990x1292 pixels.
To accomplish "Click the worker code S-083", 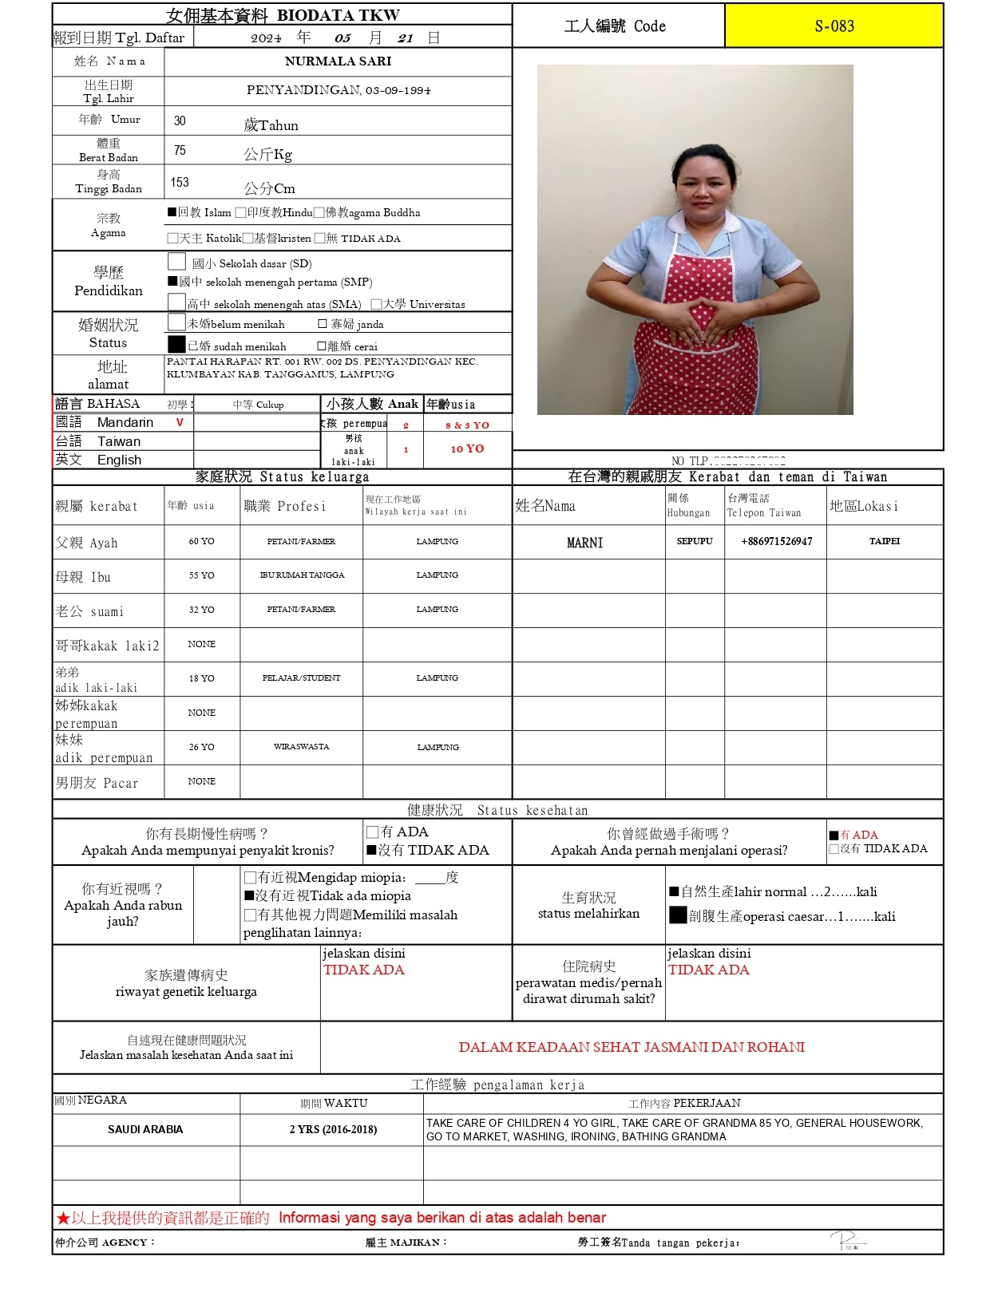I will pyautogui.click(x=834, y=26).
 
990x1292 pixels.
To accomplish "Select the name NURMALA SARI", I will pyautogui.click(x=338, y=61).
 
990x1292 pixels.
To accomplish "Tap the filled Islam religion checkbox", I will pyautogui.click(x=172, y=212).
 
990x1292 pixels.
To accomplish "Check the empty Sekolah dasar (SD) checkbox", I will pyautogui.click(x=177, y=262).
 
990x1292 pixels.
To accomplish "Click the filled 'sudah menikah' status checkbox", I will pyautogui.click(x=176, y=344).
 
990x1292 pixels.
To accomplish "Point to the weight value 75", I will pyautogui.click(x=180, y=151).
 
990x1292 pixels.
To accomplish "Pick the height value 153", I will pyautogui.click(x=180, y=183).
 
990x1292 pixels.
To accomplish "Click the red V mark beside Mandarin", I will pyautogui.click(x=180, y=422).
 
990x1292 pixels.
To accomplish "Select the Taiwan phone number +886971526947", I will pyautogui.click(x=776, y=541).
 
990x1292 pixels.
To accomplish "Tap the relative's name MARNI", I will pyautogui.click(x=584, y=543).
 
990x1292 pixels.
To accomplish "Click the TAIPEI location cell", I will pyautogui.click(x=884, y=541).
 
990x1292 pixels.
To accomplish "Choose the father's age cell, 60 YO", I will pyautogui.click(x=201, y=541).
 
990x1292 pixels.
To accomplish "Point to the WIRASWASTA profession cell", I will pyautogui.click(x=301, y=747).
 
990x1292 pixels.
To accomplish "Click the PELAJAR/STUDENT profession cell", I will pyautogui.click(x=301, y=678).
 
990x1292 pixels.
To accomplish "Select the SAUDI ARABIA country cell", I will pyautogui.click(x=145, y=1129).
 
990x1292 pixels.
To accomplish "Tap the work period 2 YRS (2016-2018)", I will pyautogui.click(x=333, y=1129).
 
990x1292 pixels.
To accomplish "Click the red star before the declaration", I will pyautogui.click(x=62, y=1219).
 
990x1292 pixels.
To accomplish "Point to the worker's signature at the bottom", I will pyautogui.click(x=847, y=1241).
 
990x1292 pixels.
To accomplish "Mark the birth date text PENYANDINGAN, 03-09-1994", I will pyautogui.click(x=338, y=90).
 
